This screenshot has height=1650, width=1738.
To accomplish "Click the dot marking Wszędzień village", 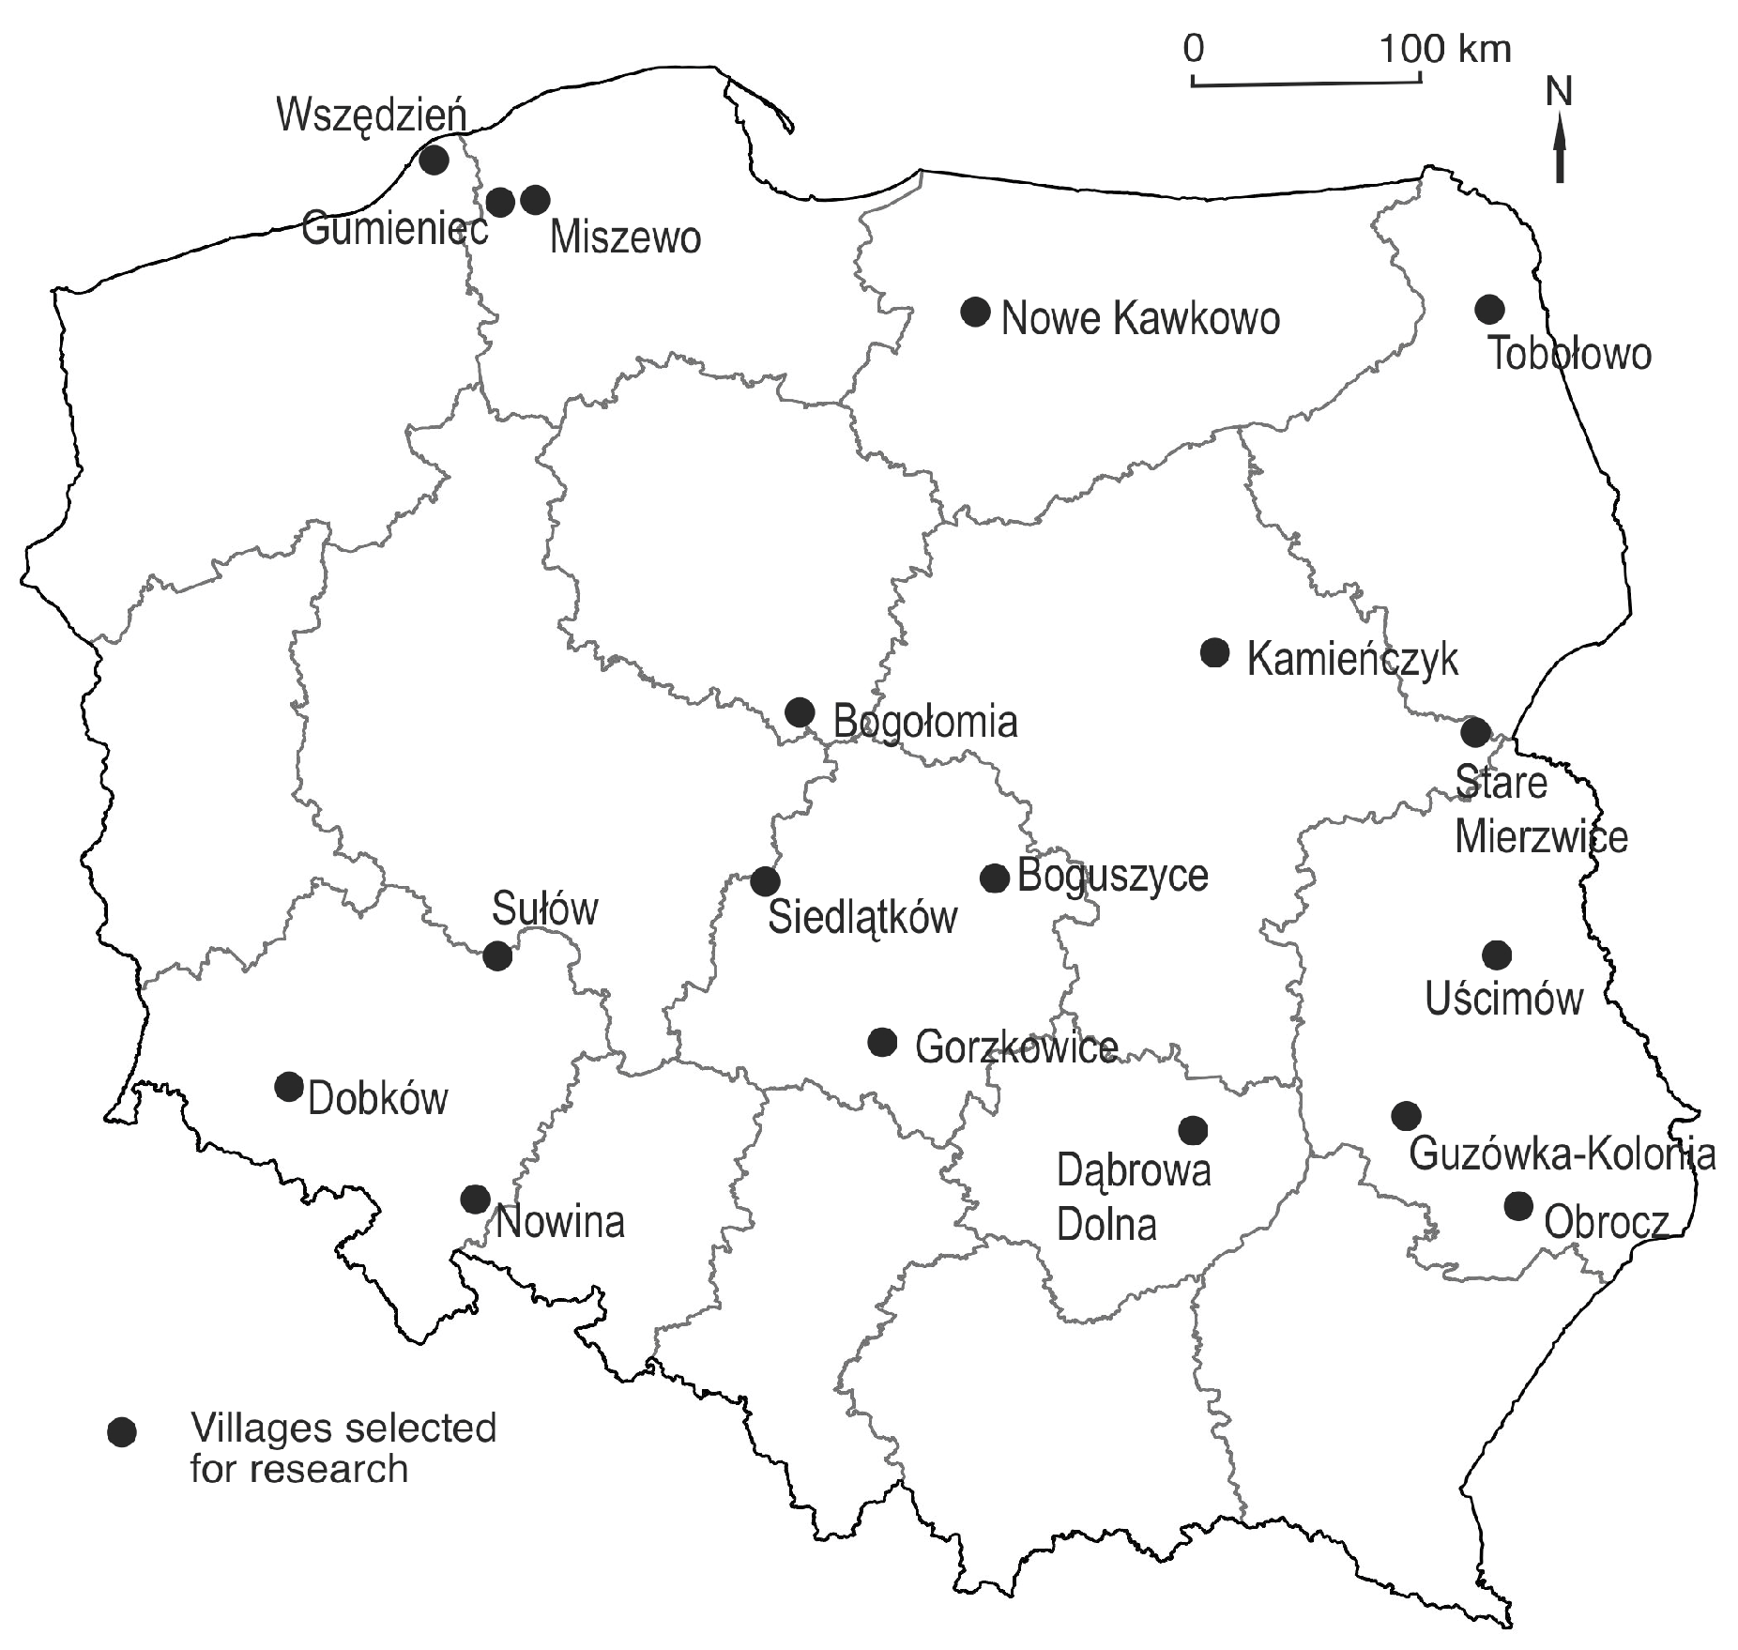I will point(434,160).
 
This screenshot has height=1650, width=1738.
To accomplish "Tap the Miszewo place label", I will point(625,237).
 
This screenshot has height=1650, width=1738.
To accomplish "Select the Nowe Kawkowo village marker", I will point(976,312).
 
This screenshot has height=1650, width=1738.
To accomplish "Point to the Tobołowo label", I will point(1570,355).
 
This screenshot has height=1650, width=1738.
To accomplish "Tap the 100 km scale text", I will point(1446,48).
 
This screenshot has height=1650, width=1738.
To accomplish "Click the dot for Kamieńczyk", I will point(1215,652).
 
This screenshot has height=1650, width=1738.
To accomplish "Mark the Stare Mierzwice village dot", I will point(1475,732).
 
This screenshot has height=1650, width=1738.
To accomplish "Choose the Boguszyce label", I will point(1113,876).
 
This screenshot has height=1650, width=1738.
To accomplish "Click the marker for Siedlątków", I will point(766,881).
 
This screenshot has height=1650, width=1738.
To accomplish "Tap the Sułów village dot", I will point(497,956).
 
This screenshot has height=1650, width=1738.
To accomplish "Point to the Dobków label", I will point(378,1098).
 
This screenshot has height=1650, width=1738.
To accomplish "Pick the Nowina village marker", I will point(476,1199).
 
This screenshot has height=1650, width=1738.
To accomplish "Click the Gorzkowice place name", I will point(1016,1047).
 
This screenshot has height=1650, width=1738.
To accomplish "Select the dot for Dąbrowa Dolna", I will point(1193,1130).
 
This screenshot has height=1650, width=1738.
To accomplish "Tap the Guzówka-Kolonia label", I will point(1563,1154).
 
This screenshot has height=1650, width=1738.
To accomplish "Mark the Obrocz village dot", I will point(1518,1206).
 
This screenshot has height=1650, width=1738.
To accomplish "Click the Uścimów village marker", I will point(1497,955).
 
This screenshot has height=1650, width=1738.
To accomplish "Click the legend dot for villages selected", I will point(122,1431).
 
